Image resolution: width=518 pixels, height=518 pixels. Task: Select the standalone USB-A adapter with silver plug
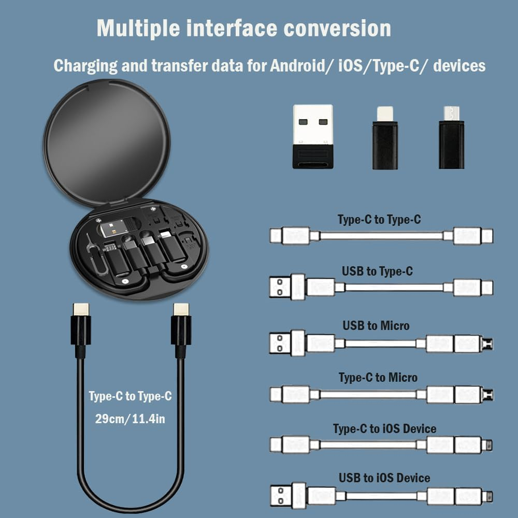[x=312, y=136]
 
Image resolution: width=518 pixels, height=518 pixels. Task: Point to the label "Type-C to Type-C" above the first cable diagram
[x=379, y=220]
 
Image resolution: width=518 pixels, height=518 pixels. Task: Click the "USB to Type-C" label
[x=377, y=271]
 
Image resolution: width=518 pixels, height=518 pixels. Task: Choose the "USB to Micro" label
[x=376, y=325]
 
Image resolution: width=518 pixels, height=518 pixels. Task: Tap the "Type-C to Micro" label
[x=378, y=378]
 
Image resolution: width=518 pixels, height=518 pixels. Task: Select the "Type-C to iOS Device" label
[x=384, y=429]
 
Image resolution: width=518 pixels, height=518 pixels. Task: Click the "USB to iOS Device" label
[x=384, y=478]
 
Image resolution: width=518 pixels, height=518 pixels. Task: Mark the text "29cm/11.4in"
[x=130, y=419]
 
